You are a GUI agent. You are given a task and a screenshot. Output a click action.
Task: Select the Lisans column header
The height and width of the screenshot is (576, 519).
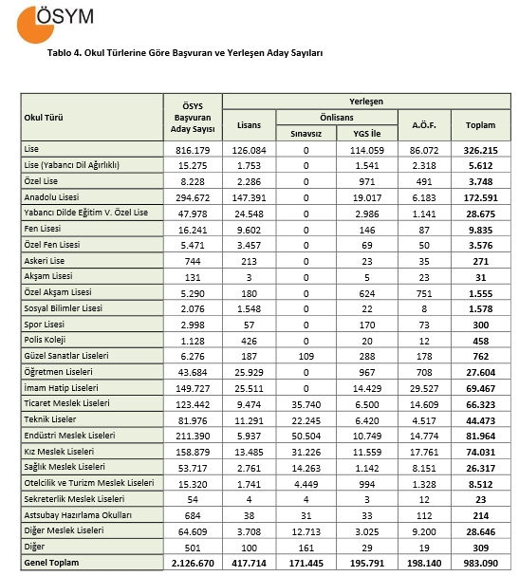click(250, 124)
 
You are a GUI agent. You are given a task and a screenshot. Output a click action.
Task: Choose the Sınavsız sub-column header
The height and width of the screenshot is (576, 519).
click(306, 134)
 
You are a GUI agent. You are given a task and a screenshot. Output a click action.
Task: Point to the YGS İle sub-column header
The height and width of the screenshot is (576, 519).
click(366, 134)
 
